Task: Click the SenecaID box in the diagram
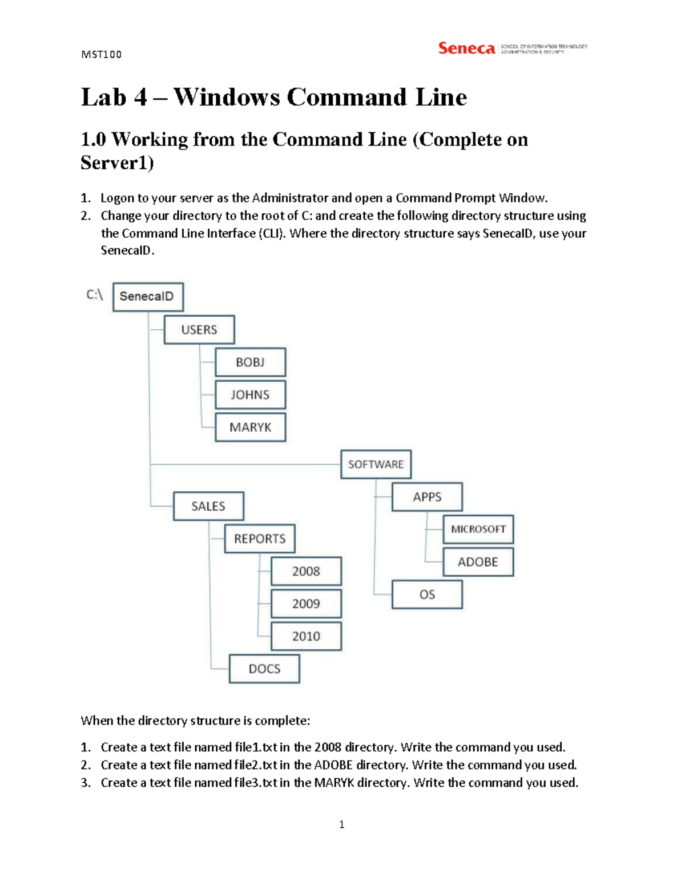coord(148,297)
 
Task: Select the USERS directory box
coord(199,330)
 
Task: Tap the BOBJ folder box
coord(250,362)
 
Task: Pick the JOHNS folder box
coord(250,395)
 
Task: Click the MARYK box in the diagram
coord(250,427)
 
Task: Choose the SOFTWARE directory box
coord(376,464)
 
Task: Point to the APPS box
coord(427,497)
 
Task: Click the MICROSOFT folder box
coord(478,529)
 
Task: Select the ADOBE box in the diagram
coord(478,562)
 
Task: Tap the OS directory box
coord(427,594)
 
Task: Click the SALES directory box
coord(208,506)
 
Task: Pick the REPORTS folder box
coord(260,539)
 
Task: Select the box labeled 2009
coord(306,604)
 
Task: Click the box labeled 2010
coord(306,636)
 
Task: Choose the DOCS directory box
coord(264,669)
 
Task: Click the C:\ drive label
coord(94,295)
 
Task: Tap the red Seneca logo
coord(466,48)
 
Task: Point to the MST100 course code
coord(102,55)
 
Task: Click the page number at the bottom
coord(341,824)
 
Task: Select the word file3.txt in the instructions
coord(256,783)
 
